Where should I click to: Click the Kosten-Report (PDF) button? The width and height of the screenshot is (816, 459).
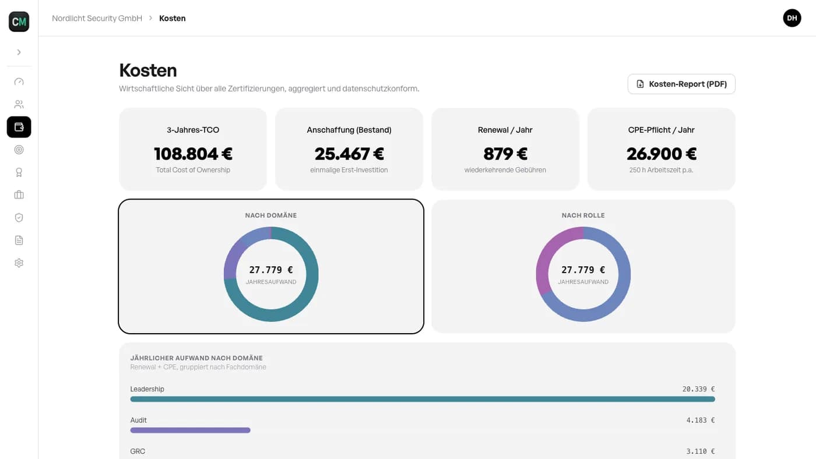pos(681,84)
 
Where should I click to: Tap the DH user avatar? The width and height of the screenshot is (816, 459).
pos(792,18)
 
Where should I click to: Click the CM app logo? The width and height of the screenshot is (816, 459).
pos(19,22)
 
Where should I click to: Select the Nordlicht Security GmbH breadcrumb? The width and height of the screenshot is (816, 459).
pos(97,18)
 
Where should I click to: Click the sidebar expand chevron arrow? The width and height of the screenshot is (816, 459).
pos(19,52)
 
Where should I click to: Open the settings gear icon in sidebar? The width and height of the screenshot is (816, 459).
pos(19,263)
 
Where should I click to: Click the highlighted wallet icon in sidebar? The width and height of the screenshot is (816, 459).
pos(19,127)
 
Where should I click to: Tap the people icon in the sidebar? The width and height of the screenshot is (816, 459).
pos(19,104)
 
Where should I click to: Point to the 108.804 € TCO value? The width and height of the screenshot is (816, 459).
pos(193,154)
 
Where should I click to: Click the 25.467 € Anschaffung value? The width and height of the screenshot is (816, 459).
pos(349,154)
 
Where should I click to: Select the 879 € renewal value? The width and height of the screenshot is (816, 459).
pos(505,154)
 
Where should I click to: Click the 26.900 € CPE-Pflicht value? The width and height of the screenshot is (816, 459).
pos(661,154)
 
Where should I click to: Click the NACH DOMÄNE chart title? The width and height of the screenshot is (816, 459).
pos(271,216)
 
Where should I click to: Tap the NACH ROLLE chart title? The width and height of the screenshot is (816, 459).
pos(583,216)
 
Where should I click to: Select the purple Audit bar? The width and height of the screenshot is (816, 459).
pos(190,430)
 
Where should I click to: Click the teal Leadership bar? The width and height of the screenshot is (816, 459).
pos(423,400)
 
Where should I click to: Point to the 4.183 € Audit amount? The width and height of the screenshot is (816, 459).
pos(701,421)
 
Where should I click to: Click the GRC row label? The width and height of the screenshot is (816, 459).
pos(138,451)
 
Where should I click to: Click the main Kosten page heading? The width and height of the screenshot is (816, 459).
pos(148,70)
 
